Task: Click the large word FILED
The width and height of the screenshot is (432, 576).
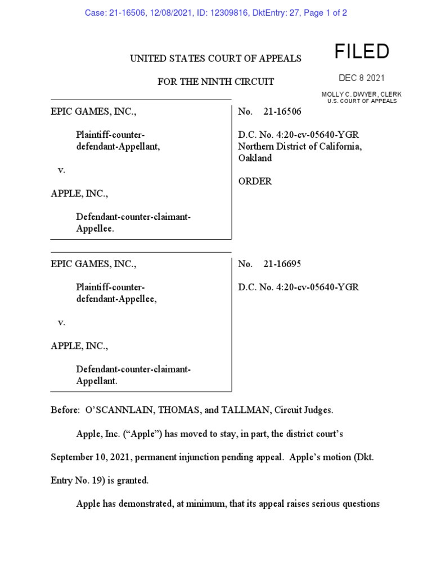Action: [362, 52]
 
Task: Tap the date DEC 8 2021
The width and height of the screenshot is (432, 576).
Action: [362, 78]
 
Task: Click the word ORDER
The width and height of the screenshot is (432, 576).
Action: [255, 181]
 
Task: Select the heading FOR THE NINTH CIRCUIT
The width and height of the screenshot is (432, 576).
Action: [216, 82]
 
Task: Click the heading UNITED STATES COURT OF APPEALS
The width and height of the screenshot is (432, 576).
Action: [216, 58]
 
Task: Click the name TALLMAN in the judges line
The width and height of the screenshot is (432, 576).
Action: [246, 411]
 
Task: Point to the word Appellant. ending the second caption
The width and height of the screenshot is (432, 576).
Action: [97, 381]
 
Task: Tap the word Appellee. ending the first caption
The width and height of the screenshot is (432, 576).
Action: [96, 229]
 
